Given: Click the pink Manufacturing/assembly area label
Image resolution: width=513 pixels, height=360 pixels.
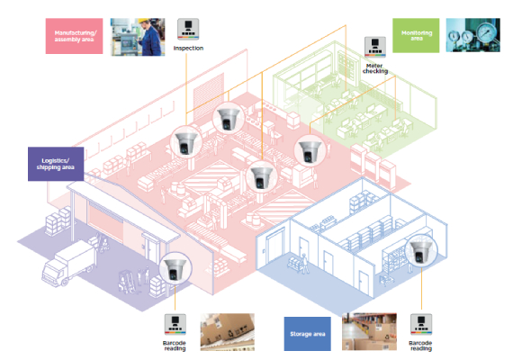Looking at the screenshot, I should pyautogui.click(x=75, y=37).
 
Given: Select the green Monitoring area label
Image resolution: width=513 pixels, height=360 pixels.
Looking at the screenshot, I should pyautogui.click(x=417, y=35).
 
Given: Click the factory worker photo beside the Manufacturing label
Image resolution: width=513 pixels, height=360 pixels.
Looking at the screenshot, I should pyautogui.click(x=138, y=35).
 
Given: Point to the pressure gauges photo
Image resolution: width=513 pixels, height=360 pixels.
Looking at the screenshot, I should pyautogui.click(x=475, y=36).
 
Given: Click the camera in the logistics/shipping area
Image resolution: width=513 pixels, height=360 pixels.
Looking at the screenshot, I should pyautogui.click(x=172, y=268).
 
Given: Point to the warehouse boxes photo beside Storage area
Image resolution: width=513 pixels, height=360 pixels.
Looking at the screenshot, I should pyautogui.click(x=371, y=332).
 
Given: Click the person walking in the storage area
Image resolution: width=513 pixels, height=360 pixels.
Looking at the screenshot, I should pyautogui.click(x=304, y=261).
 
